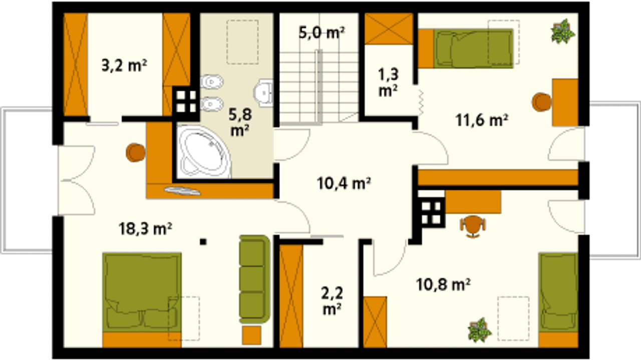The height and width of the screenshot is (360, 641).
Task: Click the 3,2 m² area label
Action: [x=124, y=66]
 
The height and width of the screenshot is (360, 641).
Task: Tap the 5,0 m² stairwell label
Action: [x=322, y=33]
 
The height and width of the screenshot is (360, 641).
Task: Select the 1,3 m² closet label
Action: [x=388, y=83]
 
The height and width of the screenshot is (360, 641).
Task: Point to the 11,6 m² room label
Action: [x=482, y=120]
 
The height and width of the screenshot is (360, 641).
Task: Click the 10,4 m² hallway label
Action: [x=344, y=183]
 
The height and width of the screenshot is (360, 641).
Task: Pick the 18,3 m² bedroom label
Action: [x=145, y=229]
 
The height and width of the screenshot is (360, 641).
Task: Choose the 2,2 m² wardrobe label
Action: [x=332, y=301]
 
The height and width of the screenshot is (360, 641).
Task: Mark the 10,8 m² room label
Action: [x=443, y=284]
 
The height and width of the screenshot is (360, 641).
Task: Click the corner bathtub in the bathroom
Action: [x=203, y=152]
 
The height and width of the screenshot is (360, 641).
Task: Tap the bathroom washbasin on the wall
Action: [x=263, y=93]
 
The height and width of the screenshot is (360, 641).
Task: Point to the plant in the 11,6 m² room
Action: [x=562, y=32]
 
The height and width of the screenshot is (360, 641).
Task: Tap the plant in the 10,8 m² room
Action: [x=479, y=330]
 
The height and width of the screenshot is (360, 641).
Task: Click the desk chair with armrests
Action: [x=473, y=226]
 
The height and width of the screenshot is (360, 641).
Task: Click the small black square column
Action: [x=203, y=242]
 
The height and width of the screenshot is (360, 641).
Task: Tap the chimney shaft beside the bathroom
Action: [x=186, y=102]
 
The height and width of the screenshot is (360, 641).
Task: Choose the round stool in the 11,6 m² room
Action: [x=541, y=102]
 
